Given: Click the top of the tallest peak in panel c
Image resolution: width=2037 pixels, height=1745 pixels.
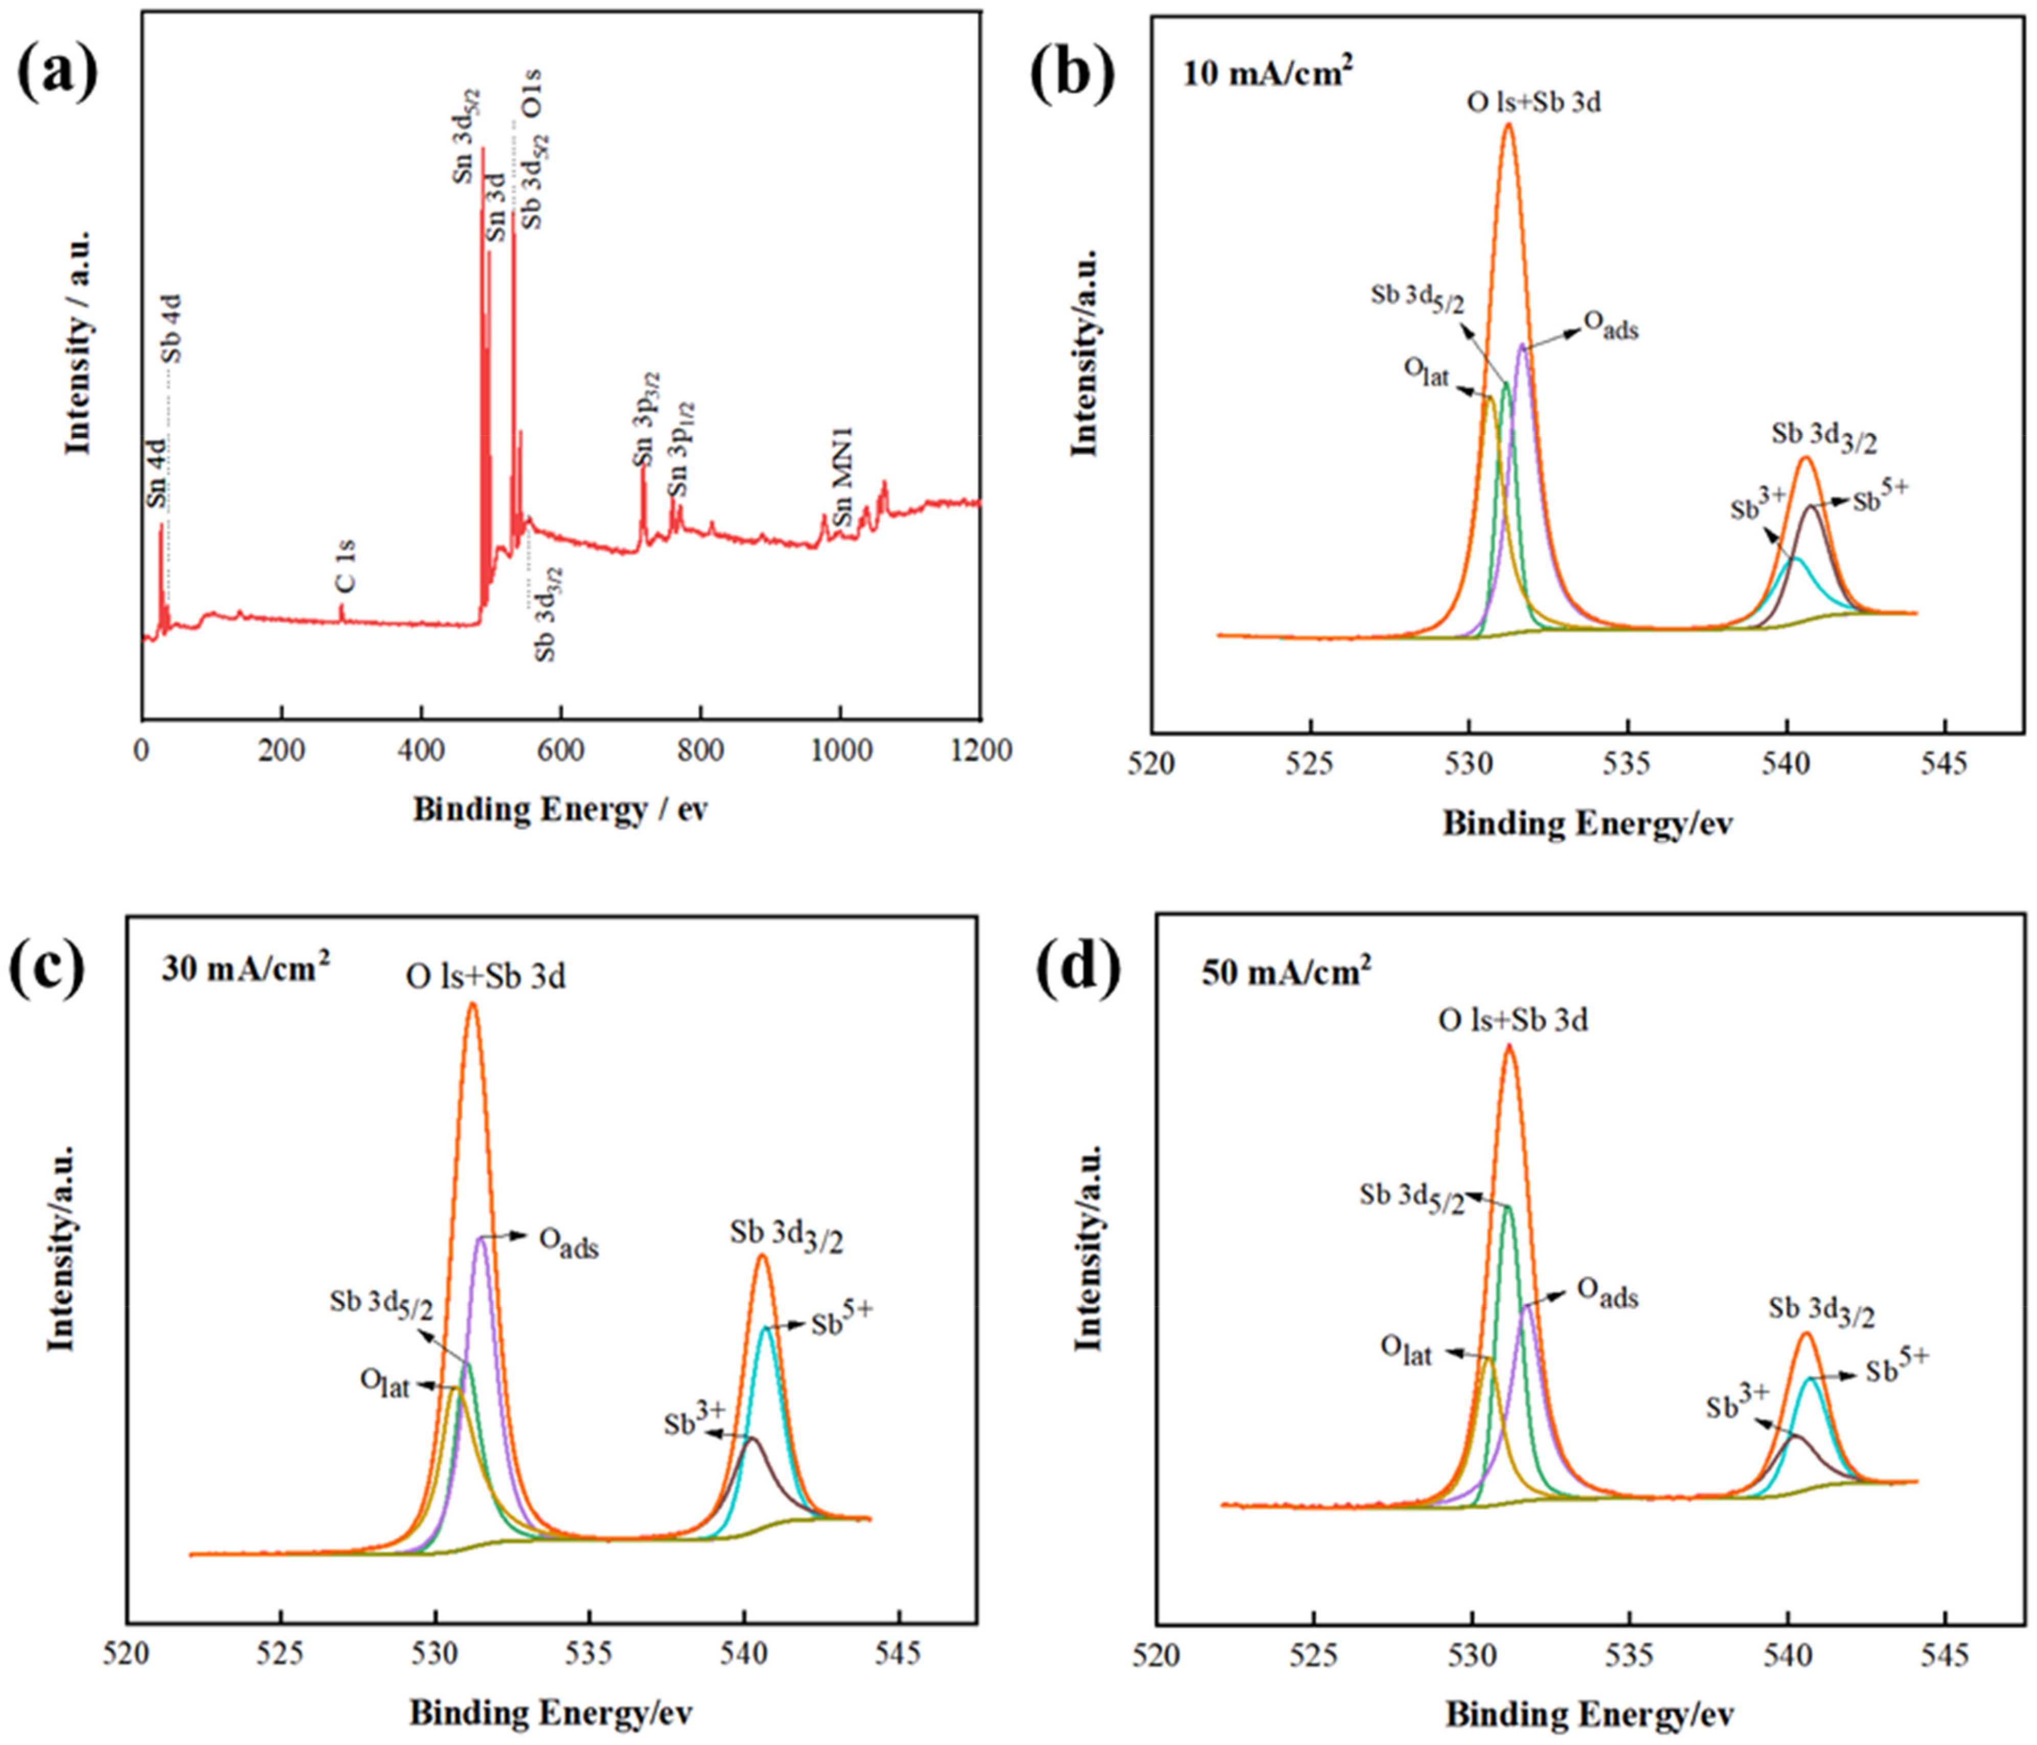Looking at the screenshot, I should click(473, 1005).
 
